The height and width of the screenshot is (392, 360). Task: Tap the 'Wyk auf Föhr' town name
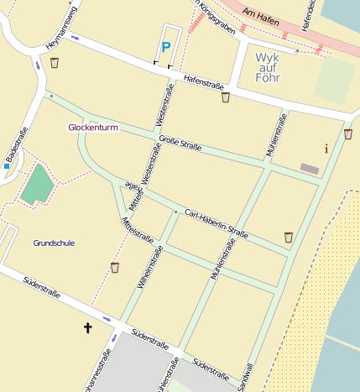tap(267, 67)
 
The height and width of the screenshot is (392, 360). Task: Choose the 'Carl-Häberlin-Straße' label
tap(217, 223)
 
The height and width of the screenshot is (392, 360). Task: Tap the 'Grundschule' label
tap(54, 243)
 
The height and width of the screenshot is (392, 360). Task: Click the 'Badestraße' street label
tap(17, 145)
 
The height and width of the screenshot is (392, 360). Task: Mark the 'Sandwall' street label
tap(246, 375)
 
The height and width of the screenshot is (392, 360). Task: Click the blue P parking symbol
tap(165, 48)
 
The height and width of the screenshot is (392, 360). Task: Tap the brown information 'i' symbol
tap(326, 149)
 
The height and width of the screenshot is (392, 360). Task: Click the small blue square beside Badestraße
tap(6, 166)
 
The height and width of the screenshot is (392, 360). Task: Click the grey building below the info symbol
tap(310, 170)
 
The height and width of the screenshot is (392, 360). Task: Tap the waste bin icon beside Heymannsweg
tap(55, 62)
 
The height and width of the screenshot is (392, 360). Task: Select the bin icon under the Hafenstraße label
tap(225, 97)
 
